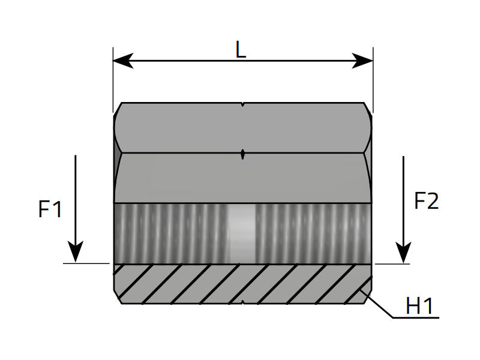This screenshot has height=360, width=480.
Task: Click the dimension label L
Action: coord(241,50)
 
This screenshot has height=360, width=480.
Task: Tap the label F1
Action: coord(50,209)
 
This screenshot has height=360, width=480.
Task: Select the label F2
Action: coord(427,201)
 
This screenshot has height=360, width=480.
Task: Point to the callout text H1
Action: coord(419,307)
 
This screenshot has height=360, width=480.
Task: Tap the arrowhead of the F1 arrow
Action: coord(75,252)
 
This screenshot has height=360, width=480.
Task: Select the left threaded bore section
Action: coord(171,233)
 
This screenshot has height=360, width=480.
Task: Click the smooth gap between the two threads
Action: coord(242,233)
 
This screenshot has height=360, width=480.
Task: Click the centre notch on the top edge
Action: coord(242,105)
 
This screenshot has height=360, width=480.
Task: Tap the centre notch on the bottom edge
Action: coord(242,302)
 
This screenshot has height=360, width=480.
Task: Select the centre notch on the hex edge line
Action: coord(242,154)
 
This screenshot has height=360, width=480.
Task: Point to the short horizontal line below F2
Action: coord(392,263)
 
